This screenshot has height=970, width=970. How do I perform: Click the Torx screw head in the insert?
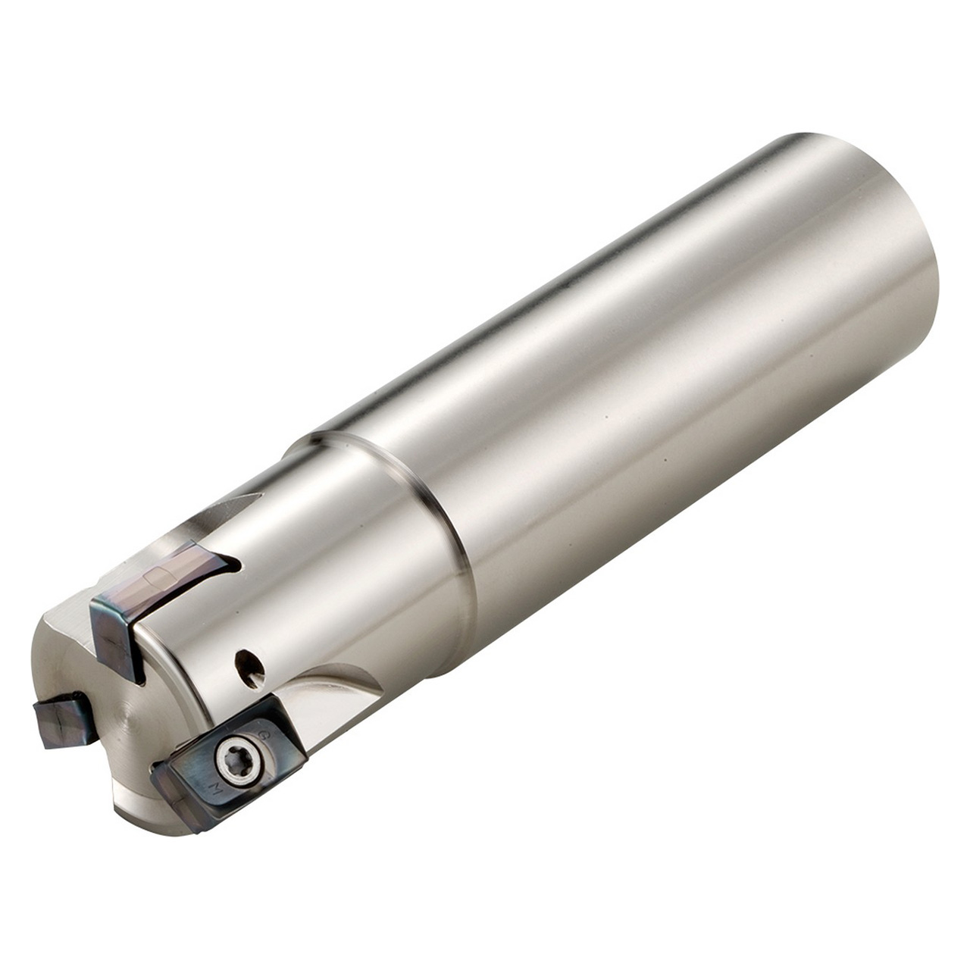click(231, 754)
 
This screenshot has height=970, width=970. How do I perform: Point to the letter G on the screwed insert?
click(264, 737)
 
